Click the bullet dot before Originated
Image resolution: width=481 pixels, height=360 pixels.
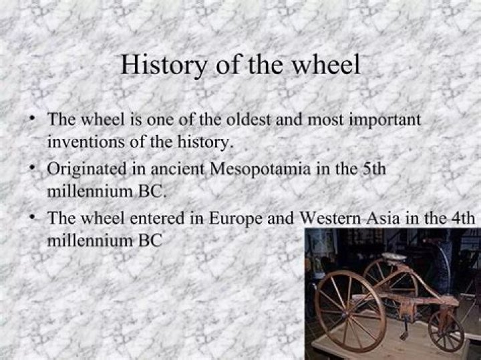[x=31, y=166]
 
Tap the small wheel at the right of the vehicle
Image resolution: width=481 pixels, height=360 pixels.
[x=446, y=331]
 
